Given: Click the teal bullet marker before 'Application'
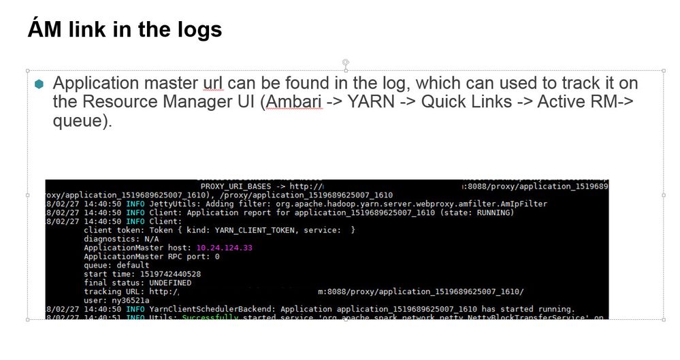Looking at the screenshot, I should tap(39, 84).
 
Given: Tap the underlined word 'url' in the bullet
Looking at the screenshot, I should tap(212, 84).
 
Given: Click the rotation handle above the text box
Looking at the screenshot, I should tap(346, 62).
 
